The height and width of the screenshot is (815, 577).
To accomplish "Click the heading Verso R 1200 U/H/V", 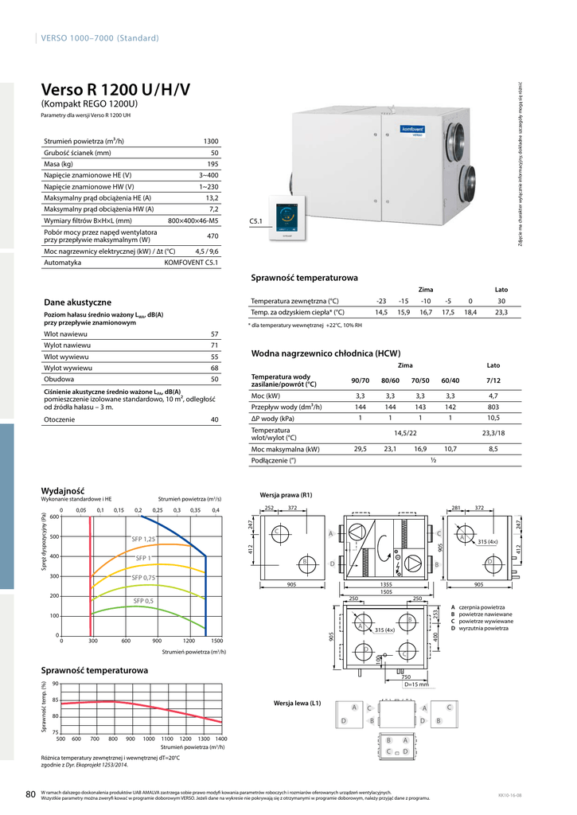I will point(115,90).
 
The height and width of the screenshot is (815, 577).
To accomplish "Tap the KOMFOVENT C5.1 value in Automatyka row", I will point(191,262).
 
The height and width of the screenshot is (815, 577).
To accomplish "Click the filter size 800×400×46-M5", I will point(193,220).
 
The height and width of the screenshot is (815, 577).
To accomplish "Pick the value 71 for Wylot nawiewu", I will point(214,345).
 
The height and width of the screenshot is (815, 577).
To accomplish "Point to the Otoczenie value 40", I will point(214,419).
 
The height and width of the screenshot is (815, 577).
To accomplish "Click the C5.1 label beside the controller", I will point(256,220).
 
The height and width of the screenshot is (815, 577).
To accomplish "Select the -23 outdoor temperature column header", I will point(381,301).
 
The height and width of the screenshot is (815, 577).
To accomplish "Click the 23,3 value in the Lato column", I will point(501,313).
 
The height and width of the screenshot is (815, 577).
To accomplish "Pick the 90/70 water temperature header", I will point(360,380).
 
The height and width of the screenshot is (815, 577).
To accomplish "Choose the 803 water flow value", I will point(493,407).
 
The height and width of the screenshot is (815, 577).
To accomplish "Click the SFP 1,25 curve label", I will point(143,540).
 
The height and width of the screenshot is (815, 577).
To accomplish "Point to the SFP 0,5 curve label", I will point(143,601).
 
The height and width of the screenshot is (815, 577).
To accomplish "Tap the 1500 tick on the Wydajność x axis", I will point(216,641).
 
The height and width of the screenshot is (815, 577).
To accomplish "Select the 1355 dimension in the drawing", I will point(385,584).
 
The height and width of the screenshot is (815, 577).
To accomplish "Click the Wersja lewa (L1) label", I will point(297,704).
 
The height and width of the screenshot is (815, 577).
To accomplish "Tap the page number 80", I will point(30,794).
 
